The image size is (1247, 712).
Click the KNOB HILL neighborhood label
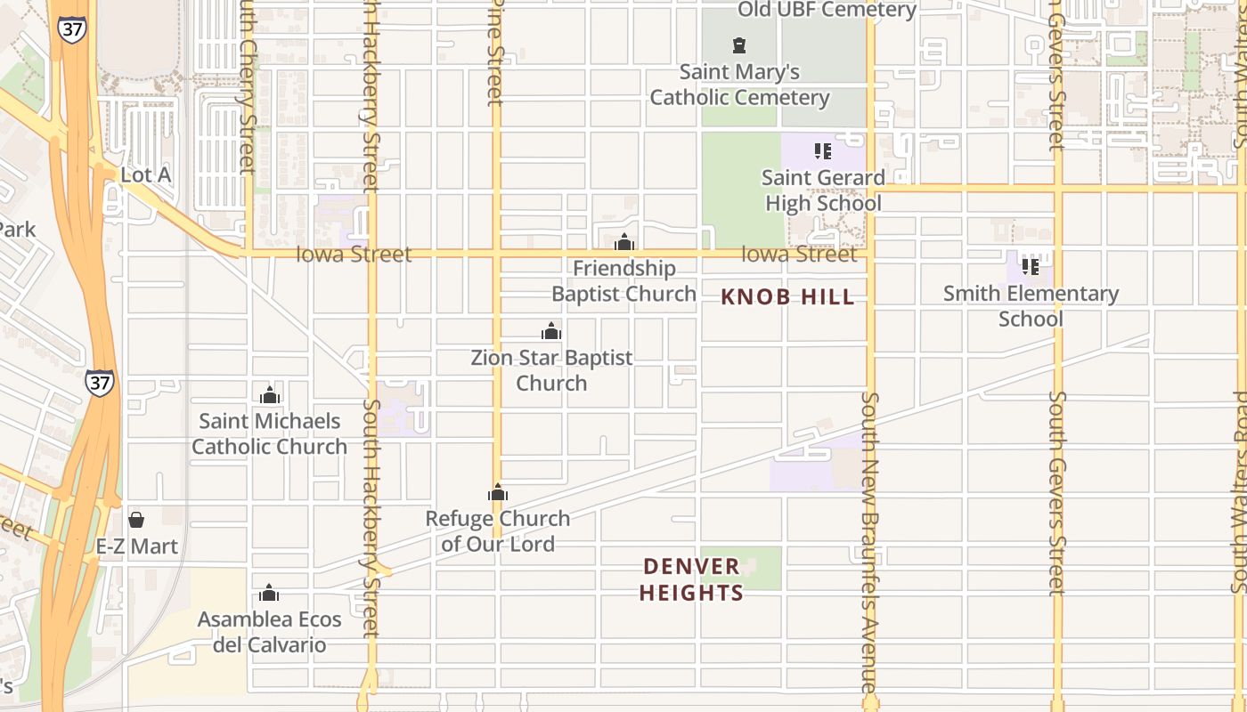[x=787, y=297]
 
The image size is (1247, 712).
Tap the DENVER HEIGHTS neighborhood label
[x=691, y=579]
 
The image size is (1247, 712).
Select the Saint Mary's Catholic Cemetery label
[x=739, y=85]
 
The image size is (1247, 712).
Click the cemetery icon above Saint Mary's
[x=738, y=44]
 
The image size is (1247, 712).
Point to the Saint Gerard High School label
[x=823, y=190]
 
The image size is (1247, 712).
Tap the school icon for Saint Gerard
[x=823, y=151]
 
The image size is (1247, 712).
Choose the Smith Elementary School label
[x=1031, y=306]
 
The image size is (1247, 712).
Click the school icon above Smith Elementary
[x=1031, y=266]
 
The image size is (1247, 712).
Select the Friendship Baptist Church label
[x=623, y=281]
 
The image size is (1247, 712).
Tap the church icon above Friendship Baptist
[x=624, y=241]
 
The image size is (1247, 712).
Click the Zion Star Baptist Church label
[x=551, y=370]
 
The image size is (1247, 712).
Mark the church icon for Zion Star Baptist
[x=551, y=331]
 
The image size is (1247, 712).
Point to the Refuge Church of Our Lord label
[x=498, y=531]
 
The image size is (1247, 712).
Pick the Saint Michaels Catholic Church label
[x=269, y=433]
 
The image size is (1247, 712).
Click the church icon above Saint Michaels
[x=269, y=395]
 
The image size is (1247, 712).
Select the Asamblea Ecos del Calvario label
[x=269, y=632]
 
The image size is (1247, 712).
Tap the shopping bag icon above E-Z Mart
[x=136, y=519]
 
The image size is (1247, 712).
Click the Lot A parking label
[x=145, y=175]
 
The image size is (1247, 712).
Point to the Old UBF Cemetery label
[x=827, y=10]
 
